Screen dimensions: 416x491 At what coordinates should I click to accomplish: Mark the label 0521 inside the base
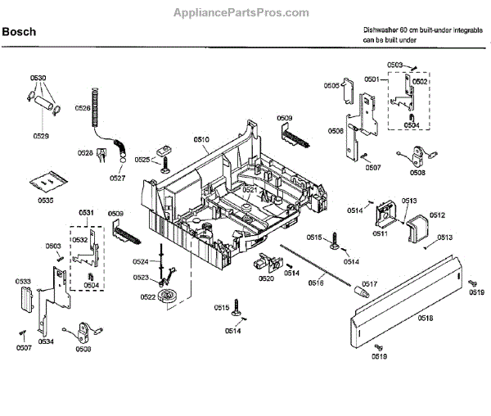pos(250,190)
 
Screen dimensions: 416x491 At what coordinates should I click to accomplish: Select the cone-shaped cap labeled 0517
pos(359,291)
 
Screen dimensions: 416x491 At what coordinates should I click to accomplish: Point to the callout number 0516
pos(316,282)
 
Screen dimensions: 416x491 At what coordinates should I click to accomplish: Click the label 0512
pos(437,215)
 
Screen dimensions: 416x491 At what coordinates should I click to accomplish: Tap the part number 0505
pos(331,85)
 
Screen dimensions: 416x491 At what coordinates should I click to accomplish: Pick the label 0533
pos(25,281)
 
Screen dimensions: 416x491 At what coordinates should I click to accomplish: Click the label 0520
pos(267,279)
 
